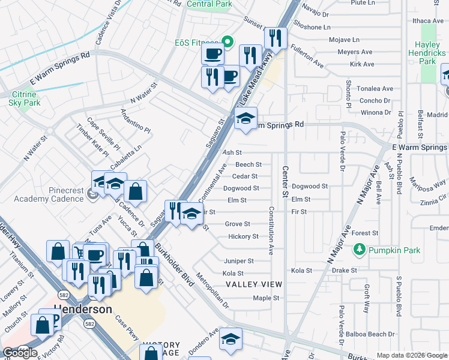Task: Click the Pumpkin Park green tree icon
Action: [x=360, y=248]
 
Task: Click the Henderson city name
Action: [x=83, y=310]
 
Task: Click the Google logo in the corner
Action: [x=20, y=352]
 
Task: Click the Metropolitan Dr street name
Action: [x=217, y=291]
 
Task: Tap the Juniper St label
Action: [x=238, y=261]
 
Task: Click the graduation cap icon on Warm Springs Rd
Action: [x=245, y=119]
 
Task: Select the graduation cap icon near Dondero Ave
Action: [x=230, y=340]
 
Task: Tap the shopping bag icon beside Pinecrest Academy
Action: [x=136, y=191]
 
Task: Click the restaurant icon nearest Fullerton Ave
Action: [x=275, y=39]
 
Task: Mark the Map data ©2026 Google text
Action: [x=411, y=355]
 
